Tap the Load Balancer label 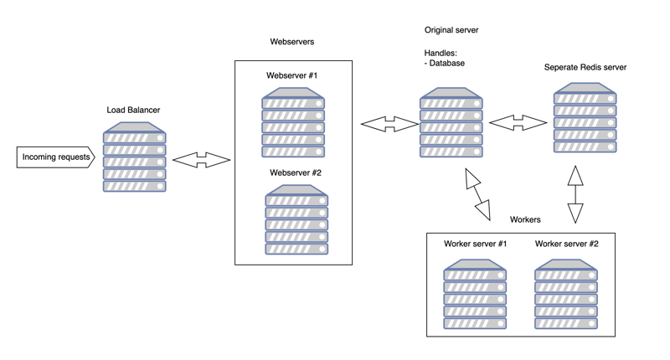(133, 110)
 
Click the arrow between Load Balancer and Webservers (201, 160)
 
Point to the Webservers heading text (292, 41)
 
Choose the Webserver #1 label (292, 76)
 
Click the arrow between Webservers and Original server (389, 125)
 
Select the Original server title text (451, 30)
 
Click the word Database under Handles (447, 63)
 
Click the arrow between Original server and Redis (518, 123)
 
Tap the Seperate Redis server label (585, 68)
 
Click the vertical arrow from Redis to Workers (575, 193)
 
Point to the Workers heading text (525, 219)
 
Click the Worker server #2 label (567, 244)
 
